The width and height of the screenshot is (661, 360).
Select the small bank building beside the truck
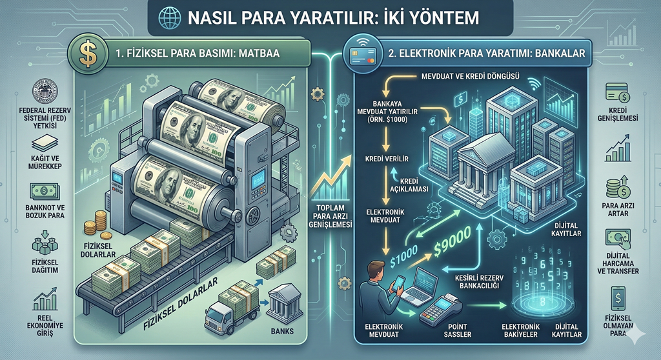(281, 299)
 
